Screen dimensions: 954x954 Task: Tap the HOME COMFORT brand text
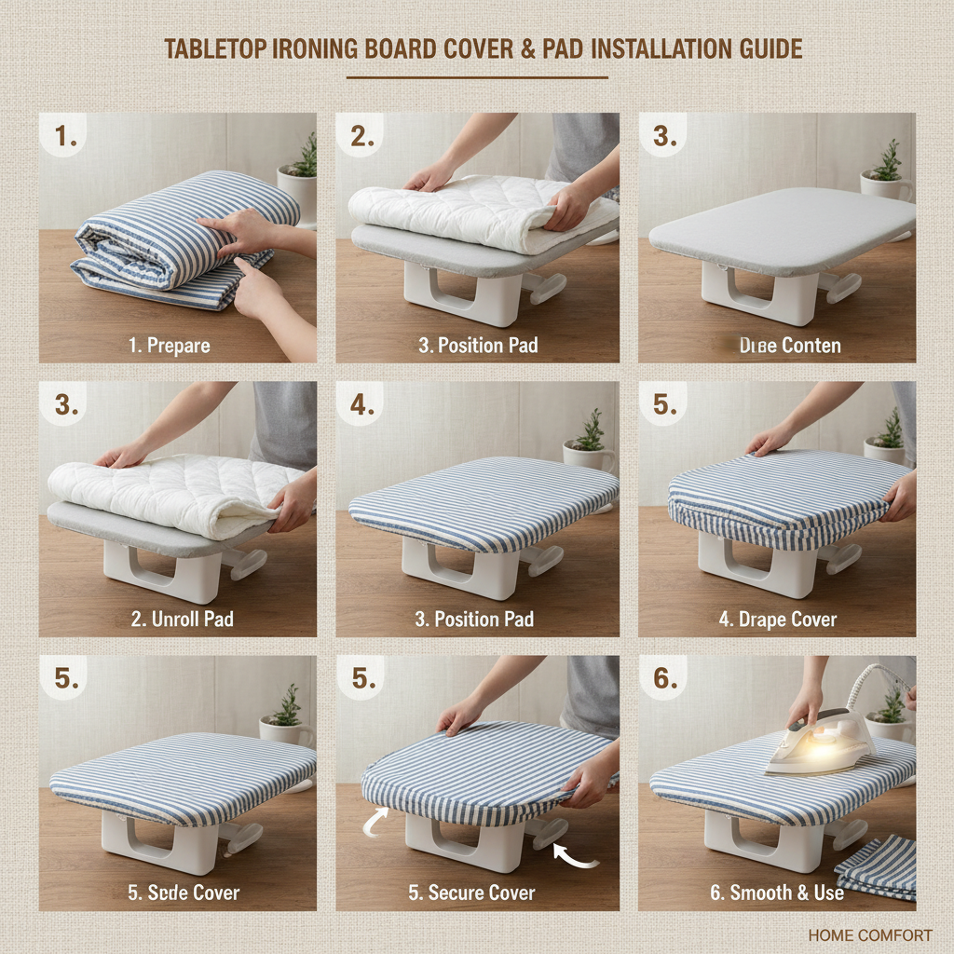(x=869, y=934)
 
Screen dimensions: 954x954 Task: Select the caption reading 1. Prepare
(x=170, y=346)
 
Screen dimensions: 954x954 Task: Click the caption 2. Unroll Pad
(x=181, y=620)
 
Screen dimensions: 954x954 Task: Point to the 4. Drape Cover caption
(x=777, y=620)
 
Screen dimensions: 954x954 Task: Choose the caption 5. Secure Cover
(x=471, y=893)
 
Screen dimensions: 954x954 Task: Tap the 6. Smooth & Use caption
(x=777, y=893)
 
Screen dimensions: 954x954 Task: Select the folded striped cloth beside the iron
(x=877, y=865)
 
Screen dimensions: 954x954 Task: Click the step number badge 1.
(x=64, y=137)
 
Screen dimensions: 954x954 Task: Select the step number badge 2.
(x=361, y=137)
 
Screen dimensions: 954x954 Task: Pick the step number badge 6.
(x=664, y=679)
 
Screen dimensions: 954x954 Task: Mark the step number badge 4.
(x=361, y=406)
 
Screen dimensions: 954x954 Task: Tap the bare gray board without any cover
(x=781, y=229)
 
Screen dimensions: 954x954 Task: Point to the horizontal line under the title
(x=477, y=77)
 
